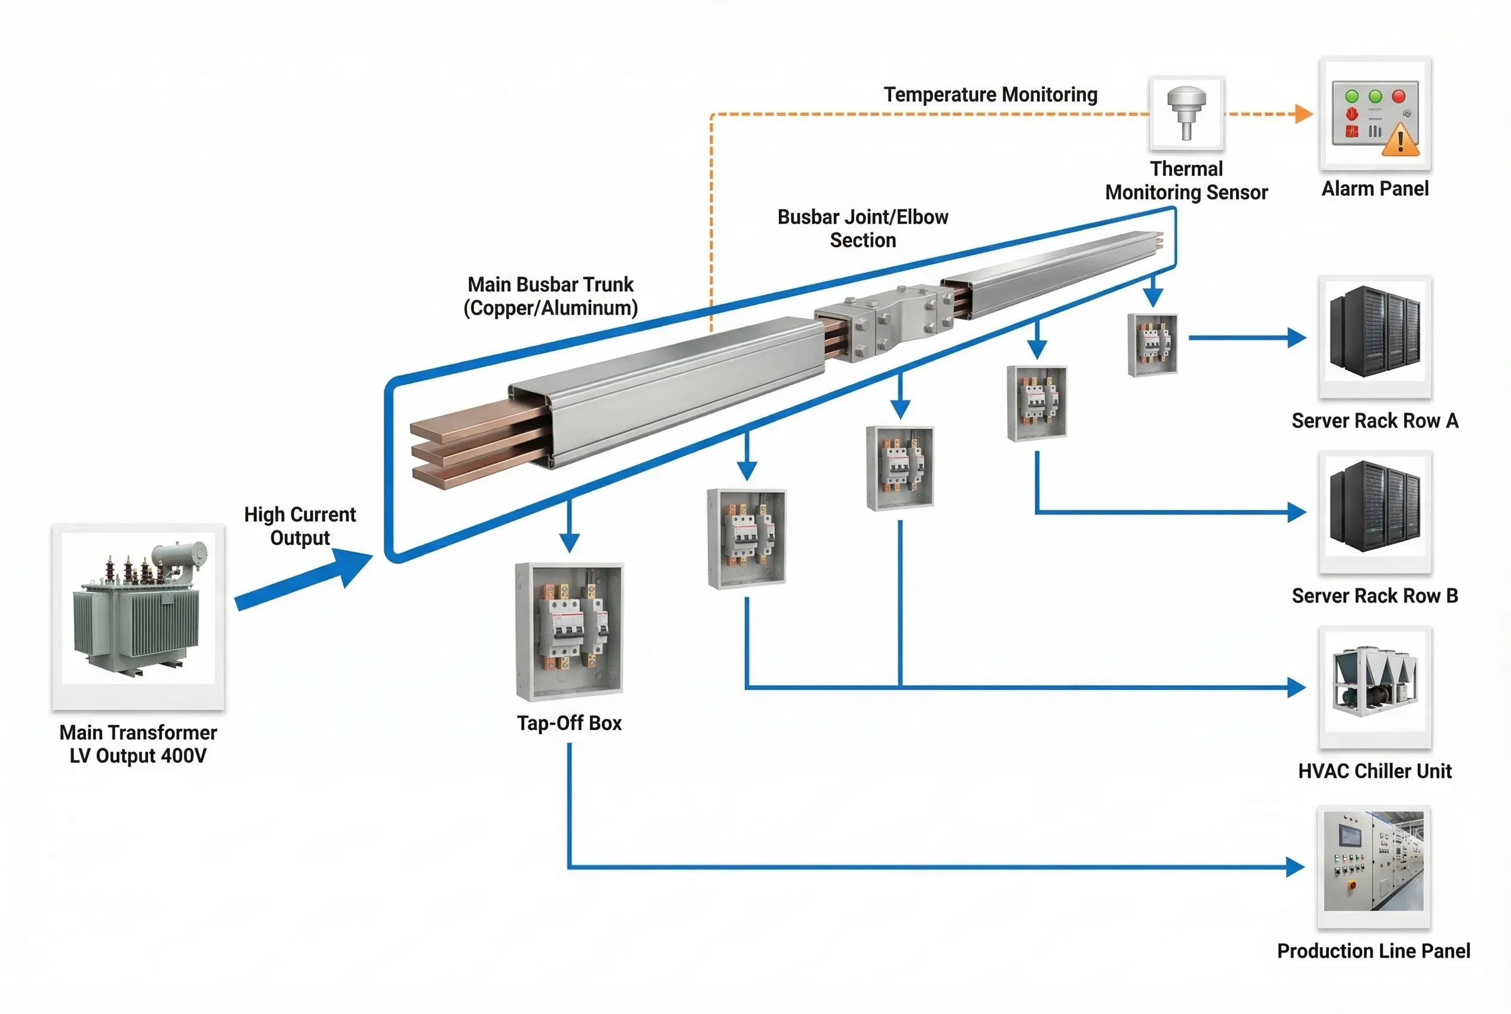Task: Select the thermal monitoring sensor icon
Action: pyautogui.click(x=1186, y=112)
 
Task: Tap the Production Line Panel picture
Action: pyautogui.click(x=1374, y=861)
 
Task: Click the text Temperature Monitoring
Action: pyautogui.click(x=990, y=94)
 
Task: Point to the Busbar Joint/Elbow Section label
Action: pyautogui.click(x=862, y=228)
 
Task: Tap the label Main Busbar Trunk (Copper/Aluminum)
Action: pyautogui.click(x=551, y=296)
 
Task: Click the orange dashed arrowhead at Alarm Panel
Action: pyautogui.click(x=1304, y=114)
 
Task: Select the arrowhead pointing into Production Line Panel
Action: pyautogui.click(x=1295, y=866)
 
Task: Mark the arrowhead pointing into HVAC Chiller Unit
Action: pyautogui.click(x=1296, y=688)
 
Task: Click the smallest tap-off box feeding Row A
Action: pyautogui.click(x=1152, y=345)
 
